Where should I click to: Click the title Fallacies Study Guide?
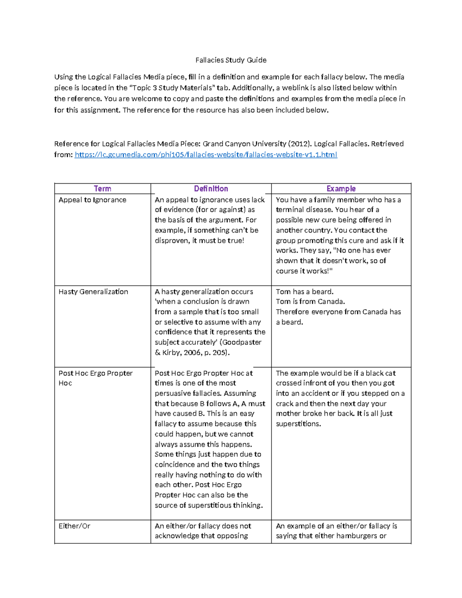[231, 60]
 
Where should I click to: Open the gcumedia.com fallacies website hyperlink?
[206, 155]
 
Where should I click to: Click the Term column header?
[102, 189]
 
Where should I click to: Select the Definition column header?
[211, 189]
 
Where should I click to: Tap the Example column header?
[341, 189]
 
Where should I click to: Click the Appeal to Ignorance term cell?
[92, 200]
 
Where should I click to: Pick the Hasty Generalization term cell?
[93, 291]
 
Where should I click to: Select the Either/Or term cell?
[74, 526]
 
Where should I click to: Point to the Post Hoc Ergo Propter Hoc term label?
[95, 378]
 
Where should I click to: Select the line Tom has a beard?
[305, 291]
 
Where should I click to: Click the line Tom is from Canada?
[310, 302]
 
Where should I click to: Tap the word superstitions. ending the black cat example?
[298, 424]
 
